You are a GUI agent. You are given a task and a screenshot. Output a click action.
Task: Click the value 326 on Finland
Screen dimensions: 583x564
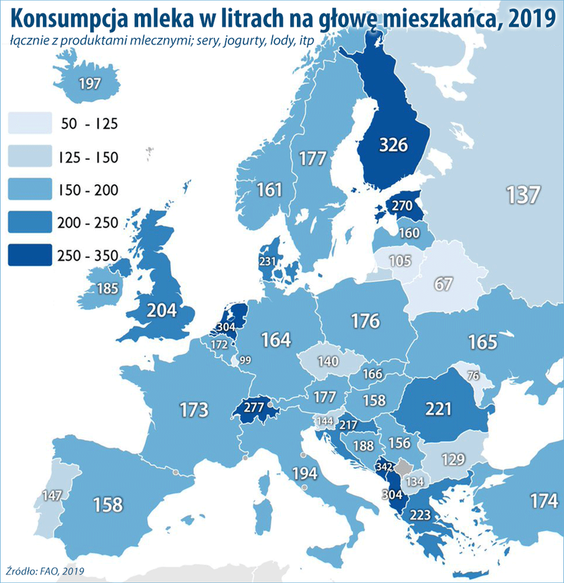pyautogui.click(x=393, y=145)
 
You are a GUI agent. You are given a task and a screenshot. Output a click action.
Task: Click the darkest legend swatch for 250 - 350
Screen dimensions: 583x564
pyautogui.click(x=30, y=254)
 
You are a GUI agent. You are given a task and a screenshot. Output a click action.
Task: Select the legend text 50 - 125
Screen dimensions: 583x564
pyautogui.click(x=90, y=124)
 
